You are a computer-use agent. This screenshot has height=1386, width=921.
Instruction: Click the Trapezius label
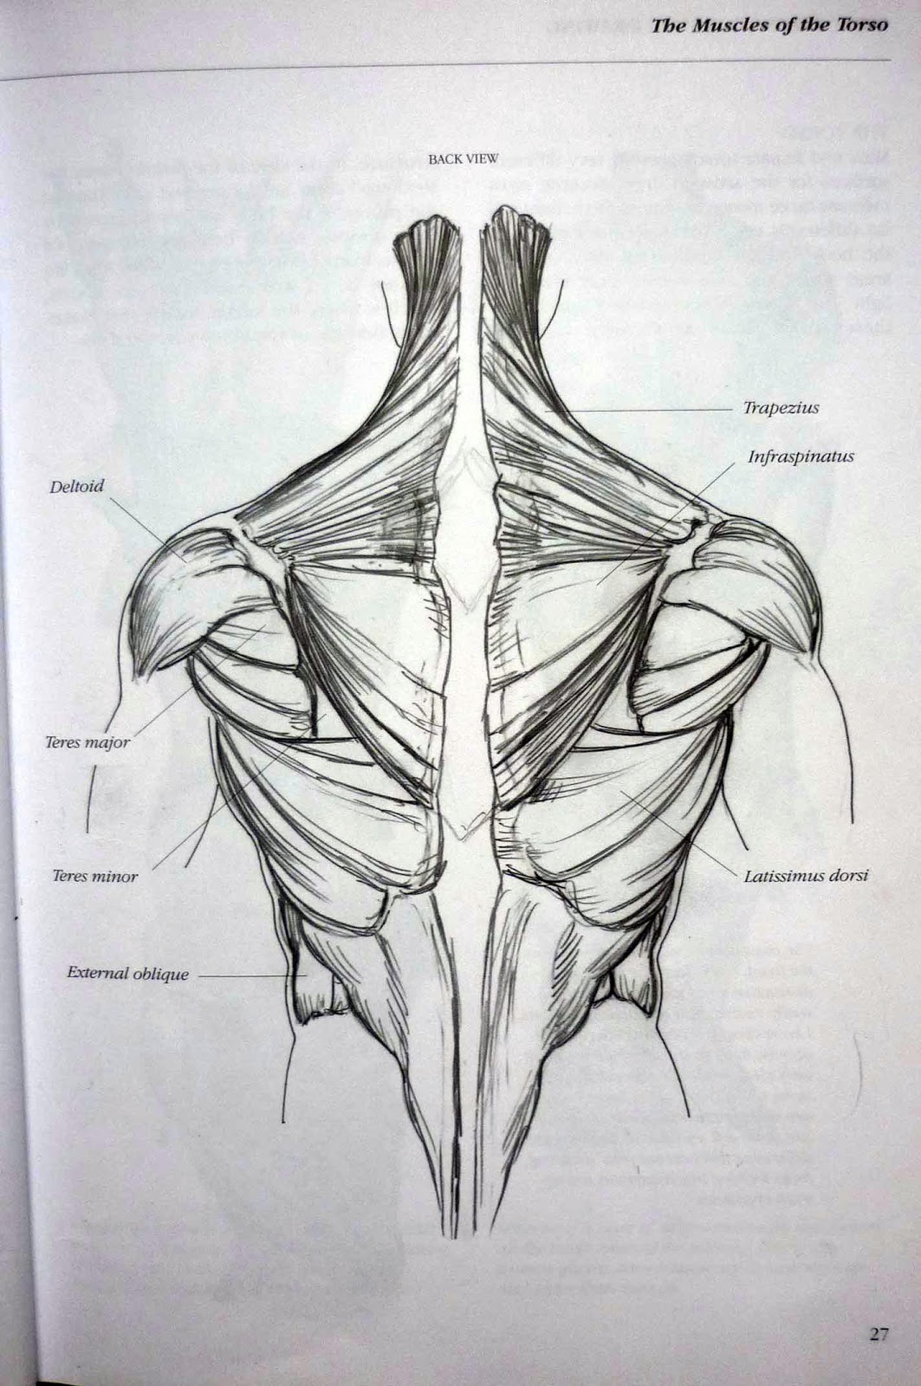(781, 407)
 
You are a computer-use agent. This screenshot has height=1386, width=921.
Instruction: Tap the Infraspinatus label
(801, 457)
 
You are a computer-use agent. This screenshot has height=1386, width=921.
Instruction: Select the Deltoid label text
(76, 486)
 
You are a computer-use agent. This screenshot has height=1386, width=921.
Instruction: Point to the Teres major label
(87, 742)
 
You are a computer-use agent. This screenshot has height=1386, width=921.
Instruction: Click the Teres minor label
(94, 876)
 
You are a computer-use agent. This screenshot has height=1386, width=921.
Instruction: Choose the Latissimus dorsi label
(806, 876)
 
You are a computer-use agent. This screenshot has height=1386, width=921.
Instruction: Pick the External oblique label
(127, 973)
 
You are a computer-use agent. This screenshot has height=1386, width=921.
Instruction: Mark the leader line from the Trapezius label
(650, 408)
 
